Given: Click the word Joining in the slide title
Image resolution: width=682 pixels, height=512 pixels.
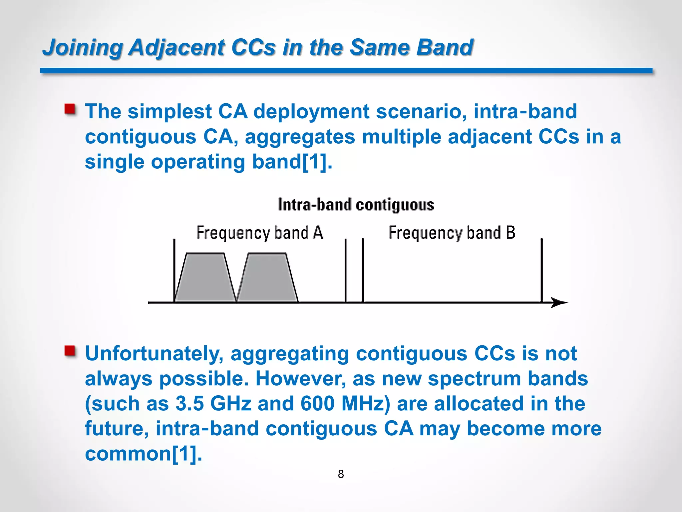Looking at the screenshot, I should click(x=83, y=47).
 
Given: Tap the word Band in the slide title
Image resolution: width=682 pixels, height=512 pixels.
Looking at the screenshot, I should click(x=445, y=47).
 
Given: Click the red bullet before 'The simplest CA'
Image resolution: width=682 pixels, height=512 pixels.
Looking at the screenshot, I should click(x=70, y=109).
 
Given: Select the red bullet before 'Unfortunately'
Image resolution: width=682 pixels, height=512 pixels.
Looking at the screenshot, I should click(x=70, y=351).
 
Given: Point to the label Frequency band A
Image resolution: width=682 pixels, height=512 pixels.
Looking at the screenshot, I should click(x=259, y=233).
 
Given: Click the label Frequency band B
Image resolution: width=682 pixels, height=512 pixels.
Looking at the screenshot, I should click(x=452, y=233).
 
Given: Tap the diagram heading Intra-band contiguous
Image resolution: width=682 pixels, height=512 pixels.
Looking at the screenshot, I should click(x=356, y=205).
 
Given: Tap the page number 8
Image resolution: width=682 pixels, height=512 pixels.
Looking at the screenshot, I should click(x=341, y=474).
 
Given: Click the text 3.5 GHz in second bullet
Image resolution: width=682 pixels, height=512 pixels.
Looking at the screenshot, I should click(x=213, y=404).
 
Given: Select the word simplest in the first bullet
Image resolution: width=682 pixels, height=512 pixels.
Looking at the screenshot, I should click(x=170, y=111).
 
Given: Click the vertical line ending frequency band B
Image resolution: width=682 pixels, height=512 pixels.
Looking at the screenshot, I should click(x=542, y=270).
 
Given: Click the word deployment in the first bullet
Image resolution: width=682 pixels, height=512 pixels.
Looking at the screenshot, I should click(x=311, y=112).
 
